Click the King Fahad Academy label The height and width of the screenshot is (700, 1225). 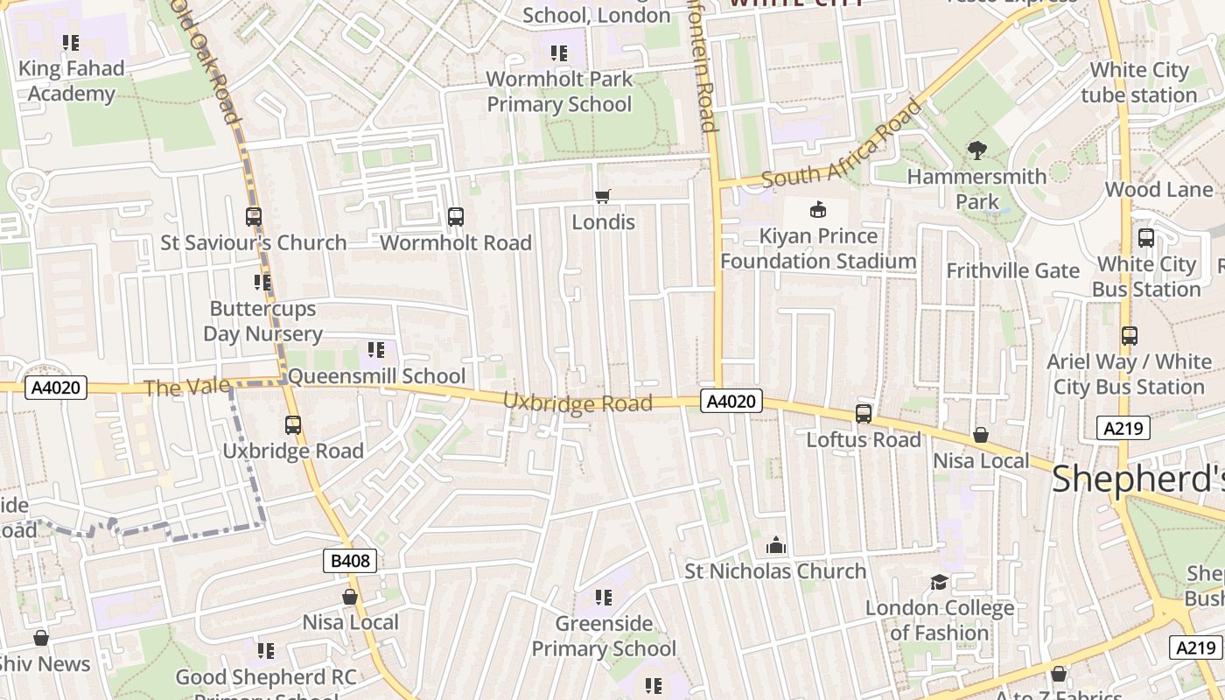tap(71, 80)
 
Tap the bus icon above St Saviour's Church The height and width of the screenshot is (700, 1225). tap(254, 216)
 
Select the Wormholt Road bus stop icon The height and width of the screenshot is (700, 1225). tap(455, 217)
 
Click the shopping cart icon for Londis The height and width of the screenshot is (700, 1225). tap(602, 197)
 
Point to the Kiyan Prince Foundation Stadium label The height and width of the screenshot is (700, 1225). tap(818, 248)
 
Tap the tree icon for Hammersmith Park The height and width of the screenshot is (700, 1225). tap(976, 150)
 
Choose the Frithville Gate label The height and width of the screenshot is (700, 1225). tap(1012, 270)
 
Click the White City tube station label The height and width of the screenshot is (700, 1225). tap(1138, 82)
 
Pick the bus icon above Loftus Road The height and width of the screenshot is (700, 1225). tap(864, 414)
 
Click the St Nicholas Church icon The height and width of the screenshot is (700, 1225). tap(775, 546)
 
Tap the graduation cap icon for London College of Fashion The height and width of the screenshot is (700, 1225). tap(939, 582)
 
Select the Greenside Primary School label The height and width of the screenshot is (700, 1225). tap(604, 636)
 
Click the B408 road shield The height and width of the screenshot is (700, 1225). tap(350, 561)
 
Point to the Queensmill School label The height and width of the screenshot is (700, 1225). tap(376, 376)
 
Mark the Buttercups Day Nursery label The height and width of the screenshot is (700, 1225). tap(262, 321)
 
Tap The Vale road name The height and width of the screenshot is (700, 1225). tap(186, 387)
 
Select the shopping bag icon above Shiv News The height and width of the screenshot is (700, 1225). tap(40, 638)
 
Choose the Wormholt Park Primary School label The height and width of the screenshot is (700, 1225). tap(559, 92)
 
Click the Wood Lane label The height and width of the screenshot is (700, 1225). tap(1158, 189)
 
